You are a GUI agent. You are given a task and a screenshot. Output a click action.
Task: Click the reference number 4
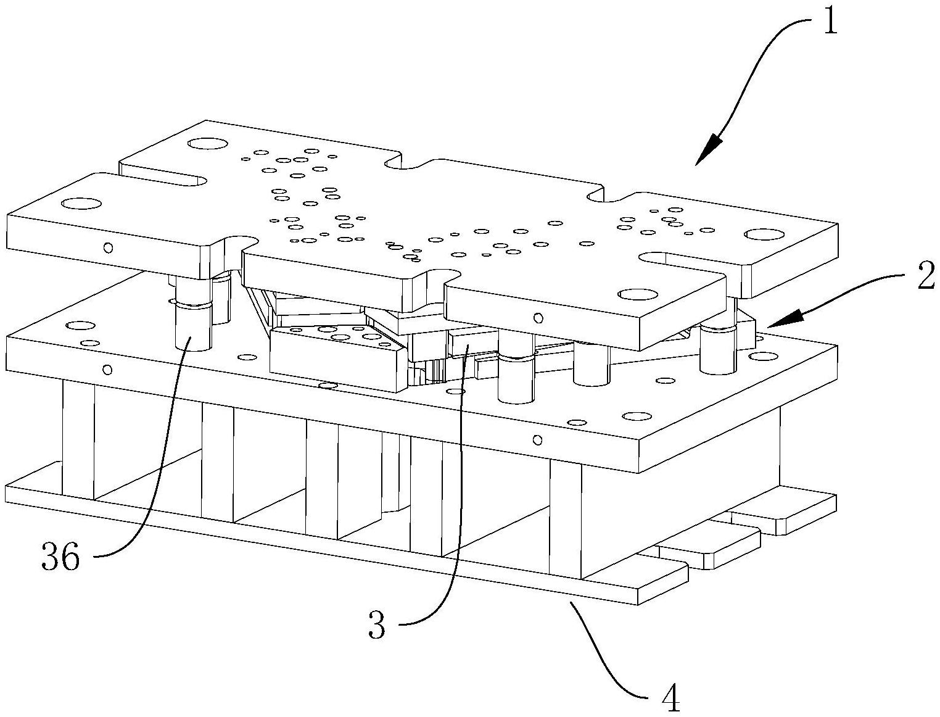(670, 698)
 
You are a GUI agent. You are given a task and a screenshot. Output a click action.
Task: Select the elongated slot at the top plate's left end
(167, 179)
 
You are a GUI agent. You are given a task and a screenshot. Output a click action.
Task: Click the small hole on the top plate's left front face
(109, 248)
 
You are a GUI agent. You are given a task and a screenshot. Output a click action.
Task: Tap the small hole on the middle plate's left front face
(107, 370)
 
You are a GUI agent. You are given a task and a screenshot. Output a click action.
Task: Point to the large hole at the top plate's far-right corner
(763, 234)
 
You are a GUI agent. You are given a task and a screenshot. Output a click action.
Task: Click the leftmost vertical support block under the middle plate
(78, 438)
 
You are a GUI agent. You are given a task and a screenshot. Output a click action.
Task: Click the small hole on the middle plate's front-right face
(537, 440)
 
